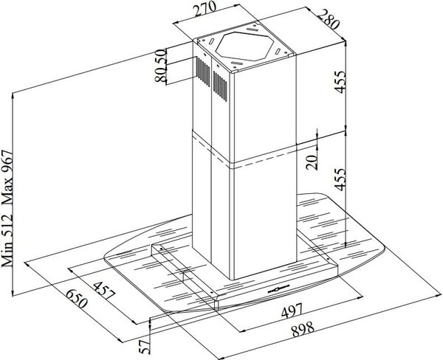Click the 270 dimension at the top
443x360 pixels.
[x=205, y=10]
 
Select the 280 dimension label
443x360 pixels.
[x=328, y=19]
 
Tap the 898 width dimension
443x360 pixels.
[x=303, y=329]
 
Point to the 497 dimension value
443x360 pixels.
[x=292, y=311]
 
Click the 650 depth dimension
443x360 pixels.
[x=76, y=299]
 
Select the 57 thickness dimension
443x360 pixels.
[x=145, y=347]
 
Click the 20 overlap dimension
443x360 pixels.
[x=312, y=162]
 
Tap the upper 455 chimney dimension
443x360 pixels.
[x=340, y=82]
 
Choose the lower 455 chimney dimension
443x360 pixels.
[x=340, y=179]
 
